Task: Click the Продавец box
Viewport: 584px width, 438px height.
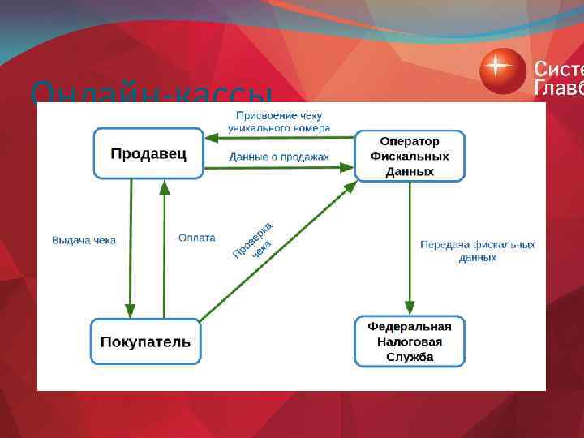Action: point(148,153)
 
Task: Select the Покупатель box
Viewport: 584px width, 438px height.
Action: point(146,341)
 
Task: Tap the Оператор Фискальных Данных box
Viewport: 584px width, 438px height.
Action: point(410,156)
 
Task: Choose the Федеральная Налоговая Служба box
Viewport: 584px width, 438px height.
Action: point(410,341)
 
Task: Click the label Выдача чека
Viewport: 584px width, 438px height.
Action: point(84,240)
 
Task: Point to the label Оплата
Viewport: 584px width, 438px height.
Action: point(197,238)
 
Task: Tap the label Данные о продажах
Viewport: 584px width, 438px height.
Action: point(279,157)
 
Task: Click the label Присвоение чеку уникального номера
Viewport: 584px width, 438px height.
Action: point(279,122)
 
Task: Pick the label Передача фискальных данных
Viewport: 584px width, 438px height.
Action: point(477,251)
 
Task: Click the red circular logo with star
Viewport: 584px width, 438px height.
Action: point(503,71)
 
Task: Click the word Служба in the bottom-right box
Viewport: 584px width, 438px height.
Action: point(410,357)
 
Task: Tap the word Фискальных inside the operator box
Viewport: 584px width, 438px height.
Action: point(410,156)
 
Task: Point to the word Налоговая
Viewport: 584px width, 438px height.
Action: point(410,341)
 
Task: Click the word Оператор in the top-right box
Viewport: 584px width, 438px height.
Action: point(410,140)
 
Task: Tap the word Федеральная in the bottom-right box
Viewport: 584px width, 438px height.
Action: point(410,326)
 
